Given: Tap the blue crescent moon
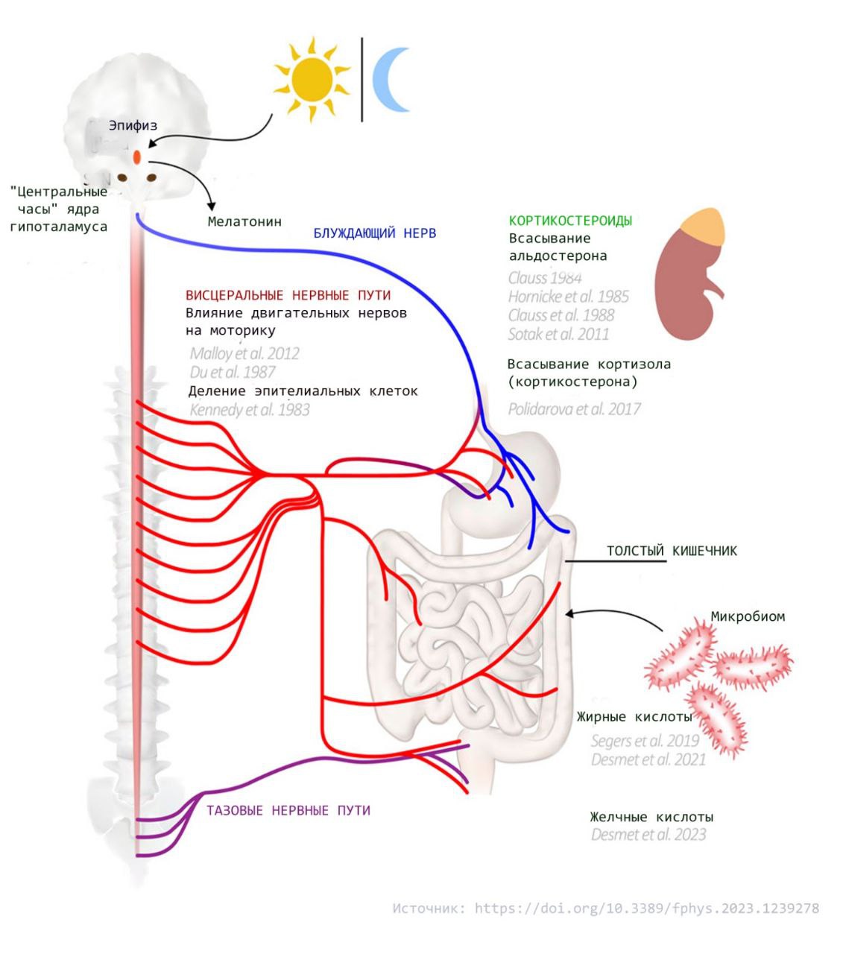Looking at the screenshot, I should (390, 80).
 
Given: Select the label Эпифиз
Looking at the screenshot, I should (133, 125).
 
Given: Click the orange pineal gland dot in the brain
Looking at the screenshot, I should (137, 157).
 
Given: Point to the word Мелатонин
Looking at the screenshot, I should (244, 221).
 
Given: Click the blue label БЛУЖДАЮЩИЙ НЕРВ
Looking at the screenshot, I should (374, 233).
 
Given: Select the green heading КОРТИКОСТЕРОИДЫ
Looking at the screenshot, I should (570, 221).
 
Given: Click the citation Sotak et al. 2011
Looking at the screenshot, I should (558, 334).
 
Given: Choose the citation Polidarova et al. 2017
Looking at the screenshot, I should (574, 408).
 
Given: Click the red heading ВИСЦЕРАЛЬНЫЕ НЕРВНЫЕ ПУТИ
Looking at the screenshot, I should (288, 295).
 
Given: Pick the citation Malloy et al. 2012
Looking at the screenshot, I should (244, 353).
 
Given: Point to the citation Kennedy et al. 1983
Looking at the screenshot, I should (250, 409).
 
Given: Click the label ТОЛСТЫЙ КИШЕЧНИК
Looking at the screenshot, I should (671, 551).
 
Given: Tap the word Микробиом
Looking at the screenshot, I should (748, 616).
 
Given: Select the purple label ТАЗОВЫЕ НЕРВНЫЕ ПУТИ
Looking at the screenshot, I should (288, 810).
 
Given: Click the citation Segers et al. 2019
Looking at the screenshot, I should (645, 741).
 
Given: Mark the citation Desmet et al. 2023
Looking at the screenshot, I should (648, 835).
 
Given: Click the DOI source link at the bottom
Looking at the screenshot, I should (646, 909).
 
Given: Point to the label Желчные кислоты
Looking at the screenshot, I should (651, 817).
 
